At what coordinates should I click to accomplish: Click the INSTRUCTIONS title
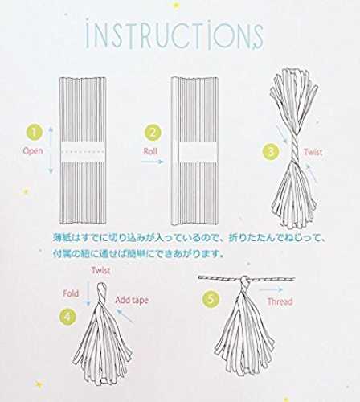(x=174, y=37)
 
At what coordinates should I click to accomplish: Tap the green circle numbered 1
(x=34, y=132)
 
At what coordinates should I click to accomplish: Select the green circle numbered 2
(x=153, y=133)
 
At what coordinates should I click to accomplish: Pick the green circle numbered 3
(x=271, y=152)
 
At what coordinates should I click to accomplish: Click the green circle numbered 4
(x=67, y=317)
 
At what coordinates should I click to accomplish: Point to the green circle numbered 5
(x=211, y=299)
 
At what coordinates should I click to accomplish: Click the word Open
(x=33, y=151)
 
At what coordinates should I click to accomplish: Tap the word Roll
(x=150, y=151)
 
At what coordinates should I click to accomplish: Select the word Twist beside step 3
(x=313, y=152)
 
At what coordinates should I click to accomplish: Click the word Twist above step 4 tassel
(x=100, y=270)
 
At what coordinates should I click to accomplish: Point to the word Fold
(x=71, y=293)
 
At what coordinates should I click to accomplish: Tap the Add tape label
(x=132, y=301)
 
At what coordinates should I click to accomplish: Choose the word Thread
(x=280, y=301)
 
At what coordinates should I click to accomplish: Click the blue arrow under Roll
(x=152, y=162)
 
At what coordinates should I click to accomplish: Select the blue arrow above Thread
(x=271, y=289)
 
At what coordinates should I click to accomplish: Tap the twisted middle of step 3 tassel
(x=293, y=149)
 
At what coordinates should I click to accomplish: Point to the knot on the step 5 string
(x=244, y=281)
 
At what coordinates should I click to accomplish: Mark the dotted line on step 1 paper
(x=83, y=152)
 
